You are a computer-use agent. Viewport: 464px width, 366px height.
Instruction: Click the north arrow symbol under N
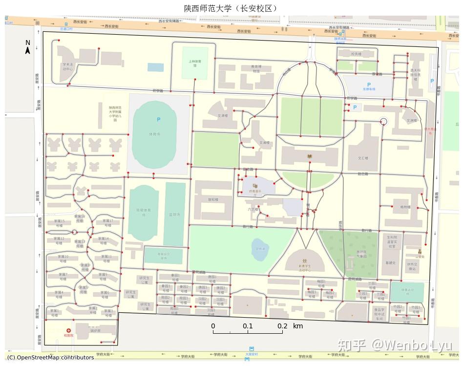[28, 50]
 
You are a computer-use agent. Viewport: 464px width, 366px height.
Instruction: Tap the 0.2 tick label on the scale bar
[283, 326]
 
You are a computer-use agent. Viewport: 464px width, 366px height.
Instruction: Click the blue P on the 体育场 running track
[158, 119]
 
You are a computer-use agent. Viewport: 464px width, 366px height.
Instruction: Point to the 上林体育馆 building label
[195, 64]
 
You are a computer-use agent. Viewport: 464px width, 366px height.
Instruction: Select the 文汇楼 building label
[362, 158]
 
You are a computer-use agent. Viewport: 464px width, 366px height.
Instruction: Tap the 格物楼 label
[405, 207]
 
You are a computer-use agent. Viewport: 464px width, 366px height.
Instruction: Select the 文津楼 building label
[223, 115]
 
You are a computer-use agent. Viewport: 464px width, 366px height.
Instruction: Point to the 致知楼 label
[213, 199]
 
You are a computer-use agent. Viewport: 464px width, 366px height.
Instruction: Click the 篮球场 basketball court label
[175, 215]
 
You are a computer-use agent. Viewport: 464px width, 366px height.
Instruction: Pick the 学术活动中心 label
[67, 66]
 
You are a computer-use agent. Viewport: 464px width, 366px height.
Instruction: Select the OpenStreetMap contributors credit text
[50, 358]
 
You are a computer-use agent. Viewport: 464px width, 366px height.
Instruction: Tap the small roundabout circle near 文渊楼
[383, 121]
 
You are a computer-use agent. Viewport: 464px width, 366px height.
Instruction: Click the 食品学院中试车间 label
[380, 313]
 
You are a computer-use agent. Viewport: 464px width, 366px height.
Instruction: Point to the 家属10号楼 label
[63, 258]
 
